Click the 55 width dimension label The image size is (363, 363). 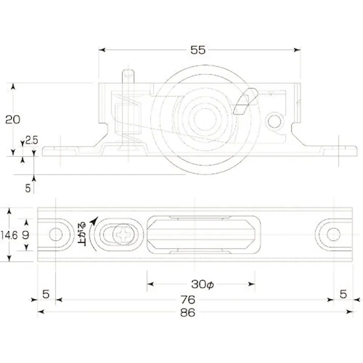[x=198, y=50]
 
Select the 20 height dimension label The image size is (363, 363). [x=12, y=120]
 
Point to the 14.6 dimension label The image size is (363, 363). [x=9, y=235]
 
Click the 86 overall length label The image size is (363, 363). [x=188, y=313]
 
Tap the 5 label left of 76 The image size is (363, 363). [x=46, y=294]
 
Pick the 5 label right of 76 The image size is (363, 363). [x=343, y=294]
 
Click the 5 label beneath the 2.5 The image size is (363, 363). [x=28, y=187]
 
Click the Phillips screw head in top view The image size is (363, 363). [x=123, y=236]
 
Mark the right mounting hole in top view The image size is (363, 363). [x=333, y=235]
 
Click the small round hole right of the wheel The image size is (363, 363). [x=275, y=121]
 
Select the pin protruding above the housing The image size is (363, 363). [x=128, y=78]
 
